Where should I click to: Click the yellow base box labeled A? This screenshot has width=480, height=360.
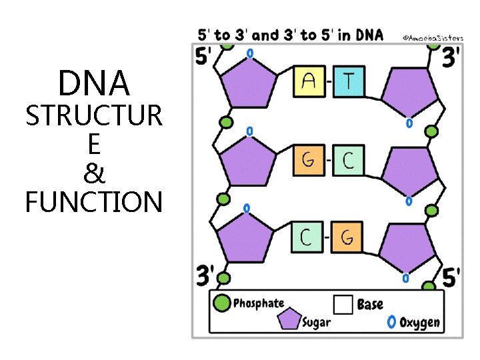(309, 83)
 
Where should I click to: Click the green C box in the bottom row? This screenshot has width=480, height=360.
(307, 237)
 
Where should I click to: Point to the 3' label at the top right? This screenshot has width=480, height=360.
(451, 57)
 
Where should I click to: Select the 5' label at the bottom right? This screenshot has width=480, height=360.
(451, 276)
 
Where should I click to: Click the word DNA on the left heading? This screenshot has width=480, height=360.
(93, 84)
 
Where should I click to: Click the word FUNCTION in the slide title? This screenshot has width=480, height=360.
(93, 202)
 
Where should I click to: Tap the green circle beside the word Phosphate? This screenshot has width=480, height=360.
(221, 304)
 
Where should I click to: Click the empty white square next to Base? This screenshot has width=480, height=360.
(343, 305)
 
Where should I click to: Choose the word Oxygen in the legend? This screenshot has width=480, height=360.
(419, 323)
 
